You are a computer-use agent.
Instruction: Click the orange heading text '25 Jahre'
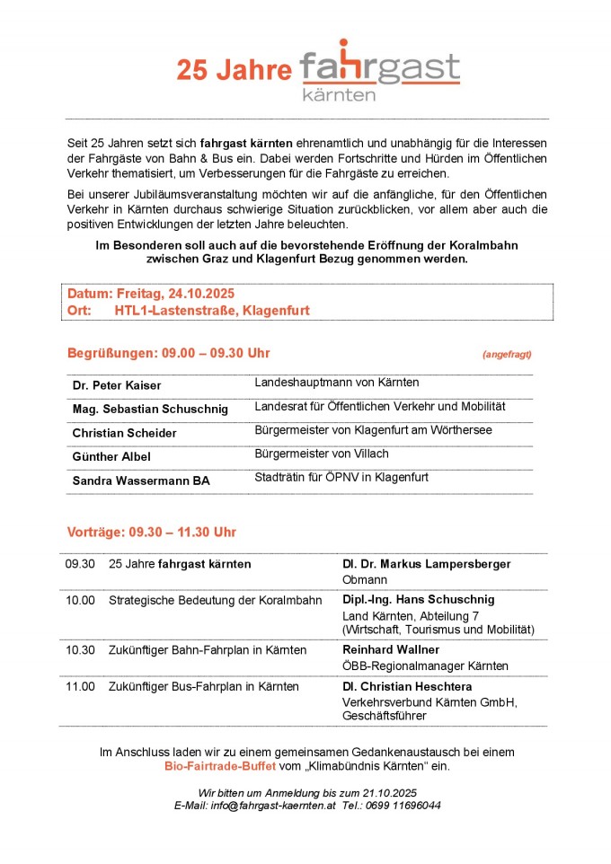234,71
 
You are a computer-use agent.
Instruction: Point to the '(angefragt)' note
508,355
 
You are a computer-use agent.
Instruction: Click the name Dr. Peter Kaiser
117,385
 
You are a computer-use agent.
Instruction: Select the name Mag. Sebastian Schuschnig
150,409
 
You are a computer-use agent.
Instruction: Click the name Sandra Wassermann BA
141,480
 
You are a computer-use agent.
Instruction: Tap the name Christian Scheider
124,433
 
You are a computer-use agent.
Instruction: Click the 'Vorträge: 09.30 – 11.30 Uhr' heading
152,532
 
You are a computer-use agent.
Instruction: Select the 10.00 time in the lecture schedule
80,600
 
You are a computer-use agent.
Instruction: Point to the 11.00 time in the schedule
80,687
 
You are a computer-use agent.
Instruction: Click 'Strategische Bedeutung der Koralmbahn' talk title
215,600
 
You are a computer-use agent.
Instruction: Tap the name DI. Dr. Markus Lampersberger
426,564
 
